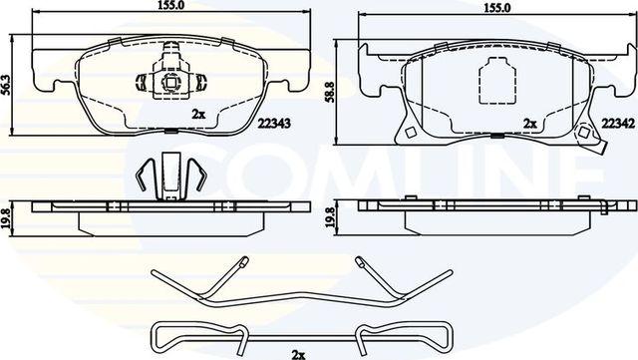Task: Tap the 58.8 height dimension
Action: coord(342,95)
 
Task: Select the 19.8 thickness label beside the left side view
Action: coord(9,216)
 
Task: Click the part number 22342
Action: coord(615,123)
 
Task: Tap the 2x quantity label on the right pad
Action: coord(529,124)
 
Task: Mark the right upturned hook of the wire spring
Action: coord(359,265)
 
